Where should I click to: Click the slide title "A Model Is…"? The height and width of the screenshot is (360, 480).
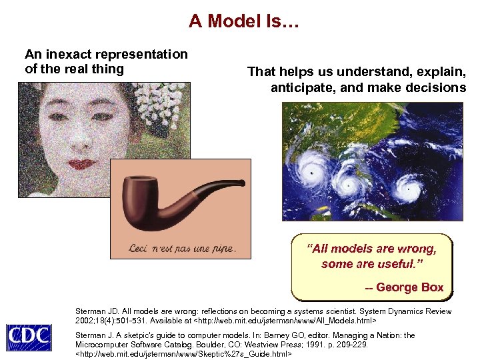244,21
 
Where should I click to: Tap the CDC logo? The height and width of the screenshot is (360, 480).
28,337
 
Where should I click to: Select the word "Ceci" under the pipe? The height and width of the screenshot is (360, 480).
141,249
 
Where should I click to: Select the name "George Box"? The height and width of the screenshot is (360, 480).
409,287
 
